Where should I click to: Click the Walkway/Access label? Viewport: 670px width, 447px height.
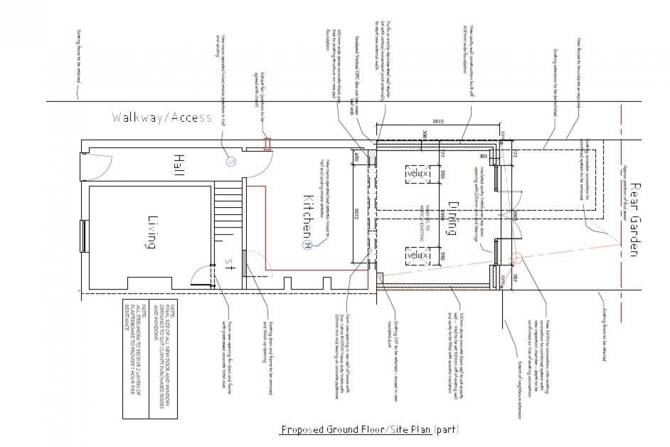(x=162, y=117)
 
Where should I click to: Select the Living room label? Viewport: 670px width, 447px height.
(x=151, y=232)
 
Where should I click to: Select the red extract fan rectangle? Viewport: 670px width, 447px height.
(x=267, y=144)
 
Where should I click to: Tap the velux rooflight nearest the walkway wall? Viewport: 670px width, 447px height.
(x=418, y=174)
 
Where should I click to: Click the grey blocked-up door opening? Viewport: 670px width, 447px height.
(x=244, y=263)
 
